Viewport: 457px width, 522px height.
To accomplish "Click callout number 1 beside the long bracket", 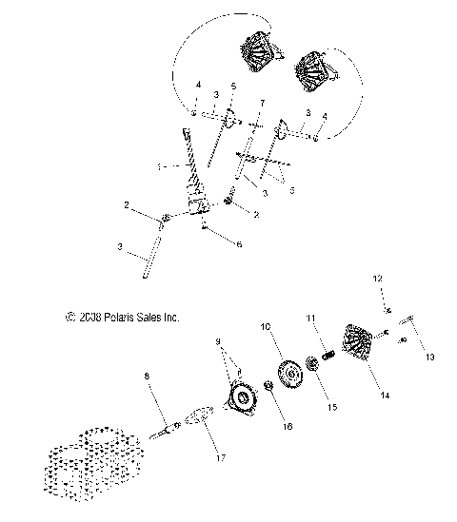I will (x=162, y=165).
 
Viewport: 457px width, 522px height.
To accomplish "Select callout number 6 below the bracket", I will (x=239, y=243).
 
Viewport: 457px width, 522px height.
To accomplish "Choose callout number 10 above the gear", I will (x=266, y=326).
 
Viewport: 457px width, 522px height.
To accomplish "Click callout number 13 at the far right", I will (x=428, y=358).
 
